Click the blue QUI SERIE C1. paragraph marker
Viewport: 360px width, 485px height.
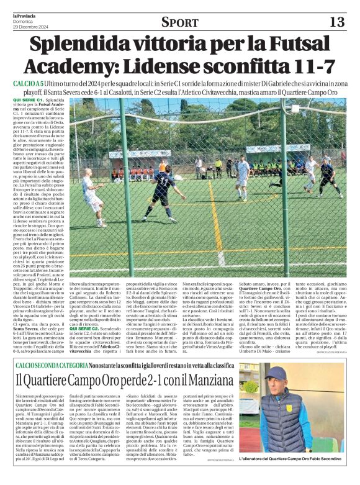click(28, 99)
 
